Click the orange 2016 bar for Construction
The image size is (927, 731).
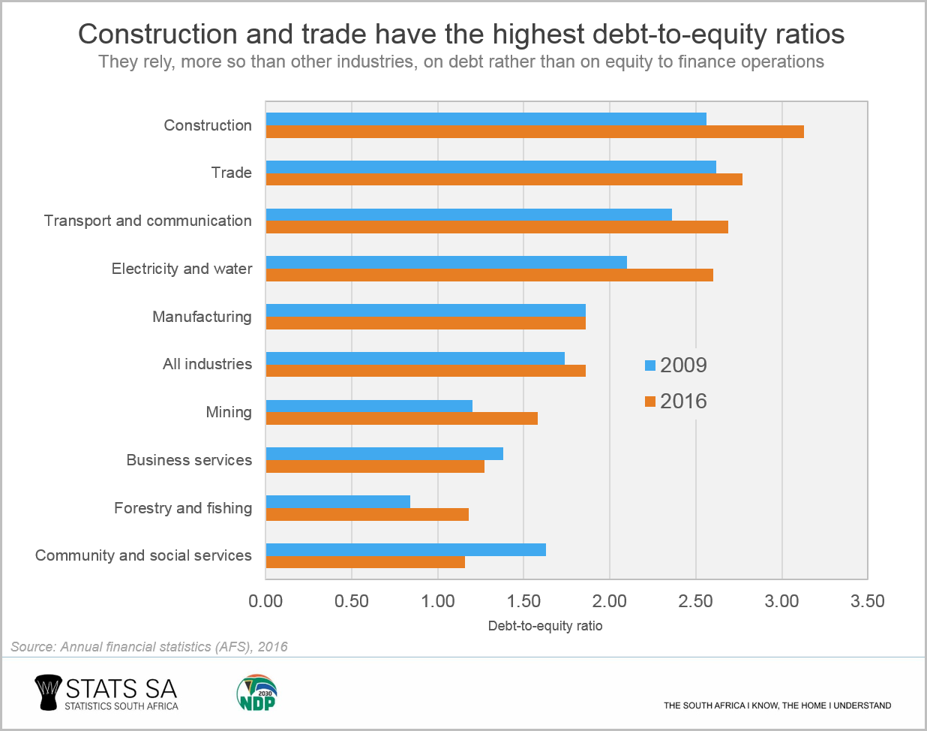535,132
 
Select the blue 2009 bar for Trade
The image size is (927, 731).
491,167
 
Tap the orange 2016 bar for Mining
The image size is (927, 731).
402,419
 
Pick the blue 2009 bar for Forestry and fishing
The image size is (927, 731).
338,501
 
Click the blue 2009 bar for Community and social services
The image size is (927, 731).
406,549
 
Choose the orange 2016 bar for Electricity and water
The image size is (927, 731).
490,275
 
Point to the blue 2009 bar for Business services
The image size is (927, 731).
385,453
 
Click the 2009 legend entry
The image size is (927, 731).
676,365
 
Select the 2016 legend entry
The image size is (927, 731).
676,402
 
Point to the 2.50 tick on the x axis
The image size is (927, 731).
695,601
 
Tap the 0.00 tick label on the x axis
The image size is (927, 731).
265,601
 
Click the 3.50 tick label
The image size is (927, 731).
868,601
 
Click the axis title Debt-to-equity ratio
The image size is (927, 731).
545,626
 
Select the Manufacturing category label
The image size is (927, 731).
202,317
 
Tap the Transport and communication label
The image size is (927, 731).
148,221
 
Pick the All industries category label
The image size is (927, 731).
207,364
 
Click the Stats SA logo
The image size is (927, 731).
106,693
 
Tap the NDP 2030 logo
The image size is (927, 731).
256,692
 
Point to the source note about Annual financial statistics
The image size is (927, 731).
149,647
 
